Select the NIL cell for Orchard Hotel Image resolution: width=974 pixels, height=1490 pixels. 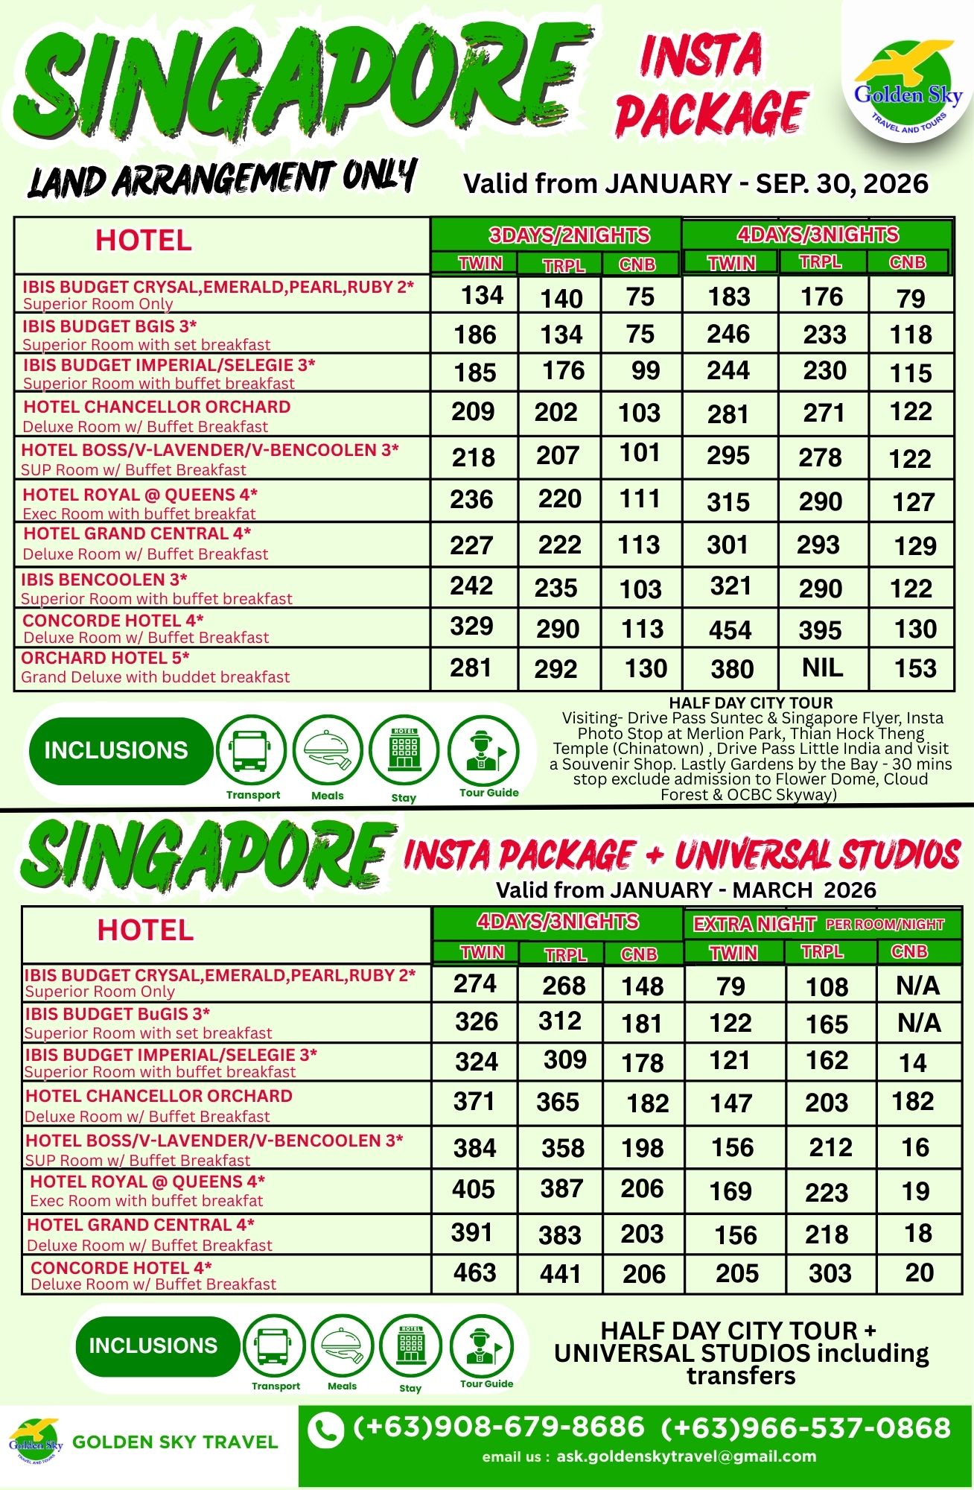point(822,668)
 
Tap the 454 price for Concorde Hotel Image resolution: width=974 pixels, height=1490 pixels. point(730,630)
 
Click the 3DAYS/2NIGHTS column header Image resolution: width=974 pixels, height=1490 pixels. point(569,235)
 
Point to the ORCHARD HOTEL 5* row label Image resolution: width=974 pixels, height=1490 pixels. point(105,659)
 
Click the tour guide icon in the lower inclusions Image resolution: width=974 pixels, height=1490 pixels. point(482,1348)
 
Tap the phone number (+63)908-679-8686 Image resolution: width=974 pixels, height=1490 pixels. point(498,1427)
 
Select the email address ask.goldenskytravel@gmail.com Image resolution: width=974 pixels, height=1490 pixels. point(686,1456)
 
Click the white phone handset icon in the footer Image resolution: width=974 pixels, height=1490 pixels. point(325,1431)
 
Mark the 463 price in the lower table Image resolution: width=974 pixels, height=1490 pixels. point(474,1272)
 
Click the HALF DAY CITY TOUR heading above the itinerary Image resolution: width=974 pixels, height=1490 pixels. point(751,703)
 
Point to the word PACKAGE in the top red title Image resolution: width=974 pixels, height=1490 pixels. point(712,114)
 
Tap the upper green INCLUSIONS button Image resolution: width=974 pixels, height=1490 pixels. point(116,750)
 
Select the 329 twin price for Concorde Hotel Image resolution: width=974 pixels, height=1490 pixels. point(471,627)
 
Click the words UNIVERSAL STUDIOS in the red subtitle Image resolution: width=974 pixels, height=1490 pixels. point(818,855)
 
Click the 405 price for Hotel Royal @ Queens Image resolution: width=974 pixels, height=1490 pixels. point(474,1189)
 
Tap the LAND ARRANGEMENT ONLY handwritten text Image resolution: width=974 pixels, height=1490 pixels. point(222,179)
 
